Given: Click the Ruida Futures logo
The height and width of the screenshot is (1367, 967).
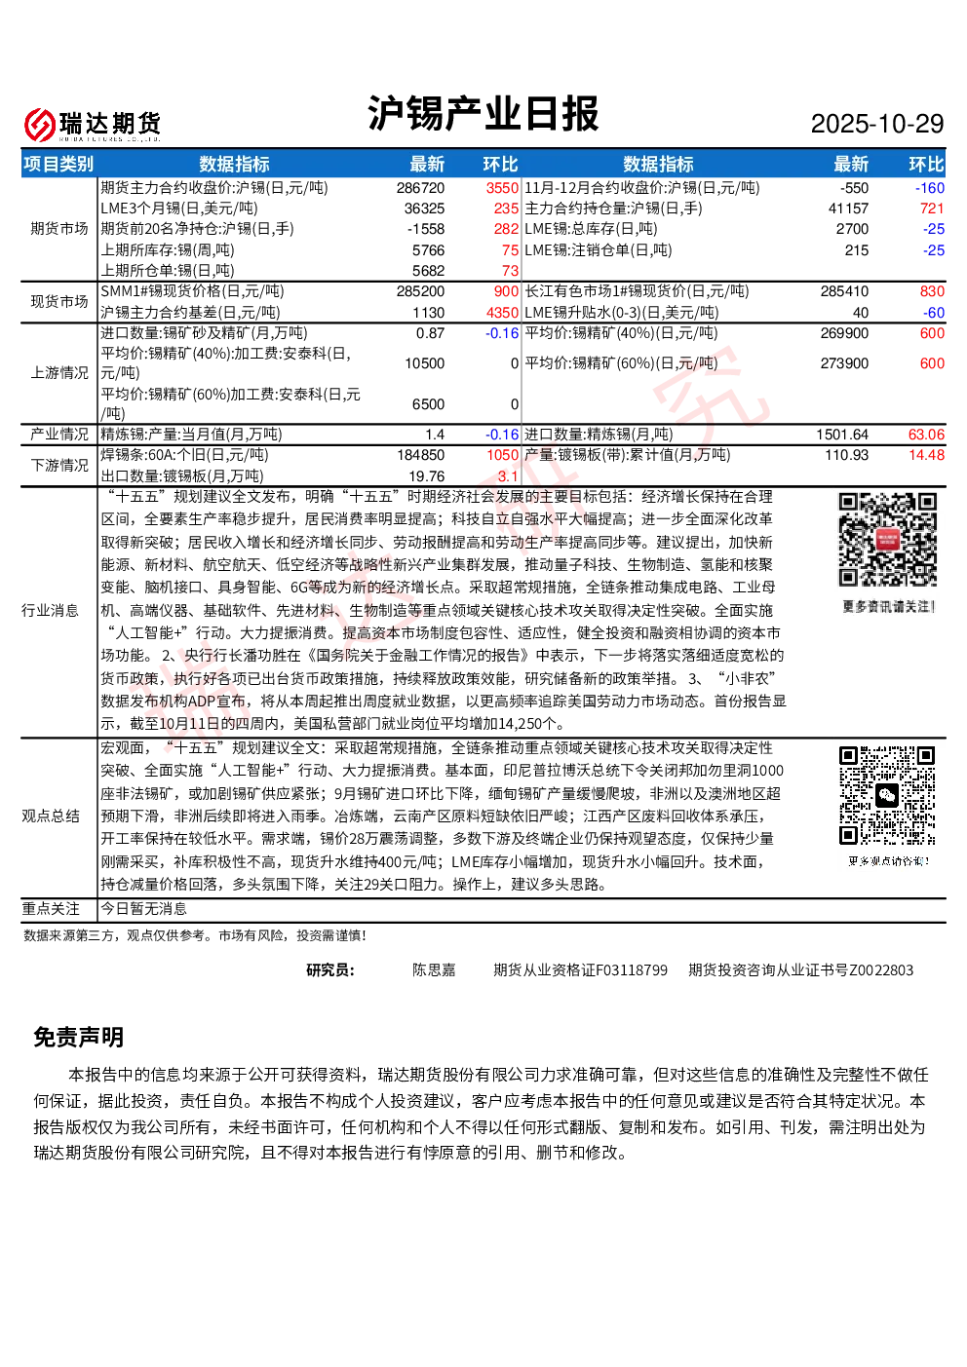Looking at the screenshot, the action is [x=93, y=125].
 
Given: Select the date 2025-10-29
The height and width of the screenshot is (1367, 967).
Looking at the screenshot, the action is [x=876, y=124].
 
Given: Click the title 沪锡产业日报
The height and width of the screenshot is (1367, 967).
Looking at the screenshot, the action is [x=483, y=113].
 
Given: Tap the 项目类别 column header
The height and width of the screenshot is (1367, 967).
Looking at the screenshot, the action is [x=58, y=164].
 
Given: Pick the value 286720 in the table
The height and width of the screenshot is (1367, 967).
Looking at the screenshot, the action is [x=420, y=188].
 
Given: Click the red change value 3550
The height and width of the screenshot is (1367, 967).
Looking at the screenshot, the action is [x=502, y=188].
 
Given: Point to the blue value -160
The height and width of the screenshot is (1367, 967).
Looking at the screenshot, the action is [x=929, y=188].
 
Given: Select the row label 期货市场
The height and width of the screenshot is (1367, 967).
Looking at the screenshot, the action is [x=59, y=228].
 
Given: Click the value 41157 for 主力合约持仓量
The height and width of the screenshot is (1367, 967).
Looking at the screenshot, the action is [x=848, y=209].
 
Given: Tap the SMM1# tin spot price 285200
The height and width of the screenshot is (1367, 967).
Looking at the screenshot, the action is [x=420, y=291].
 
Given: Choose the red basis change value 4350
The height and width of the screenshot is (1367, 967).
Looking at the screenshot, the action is [x=502, y=313].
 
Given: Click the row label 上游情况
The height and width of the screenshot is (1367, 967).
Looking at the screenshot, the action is [x=59, y=372].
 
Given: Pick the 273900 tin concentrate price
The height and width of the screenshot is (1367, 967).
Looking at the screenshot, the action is [x=844, y=363].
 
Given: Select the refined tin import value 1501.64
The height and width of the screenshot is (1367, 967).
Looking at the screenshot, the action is [x=842, y=435].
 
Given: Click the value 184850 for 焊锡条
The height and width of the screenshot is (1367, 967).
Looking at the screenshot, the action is [x=420, y=455].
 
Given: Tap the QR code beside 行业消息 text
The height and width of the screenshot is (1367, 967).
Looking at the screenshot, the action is [x=888, y=540].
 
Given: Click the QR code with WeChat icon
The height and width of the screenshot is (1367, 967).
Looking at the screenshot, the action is [x=887, y=795].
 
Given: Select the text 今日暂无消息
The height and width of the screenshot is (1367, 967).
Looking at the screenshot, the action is [x=143, y=909].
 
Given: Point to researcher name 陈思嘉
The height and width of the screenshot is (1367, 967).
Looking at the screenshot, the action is [x=434, y=969].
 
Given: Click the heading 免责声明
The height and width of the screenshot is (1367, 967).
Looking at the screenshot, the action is [x=79, y=1037].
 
